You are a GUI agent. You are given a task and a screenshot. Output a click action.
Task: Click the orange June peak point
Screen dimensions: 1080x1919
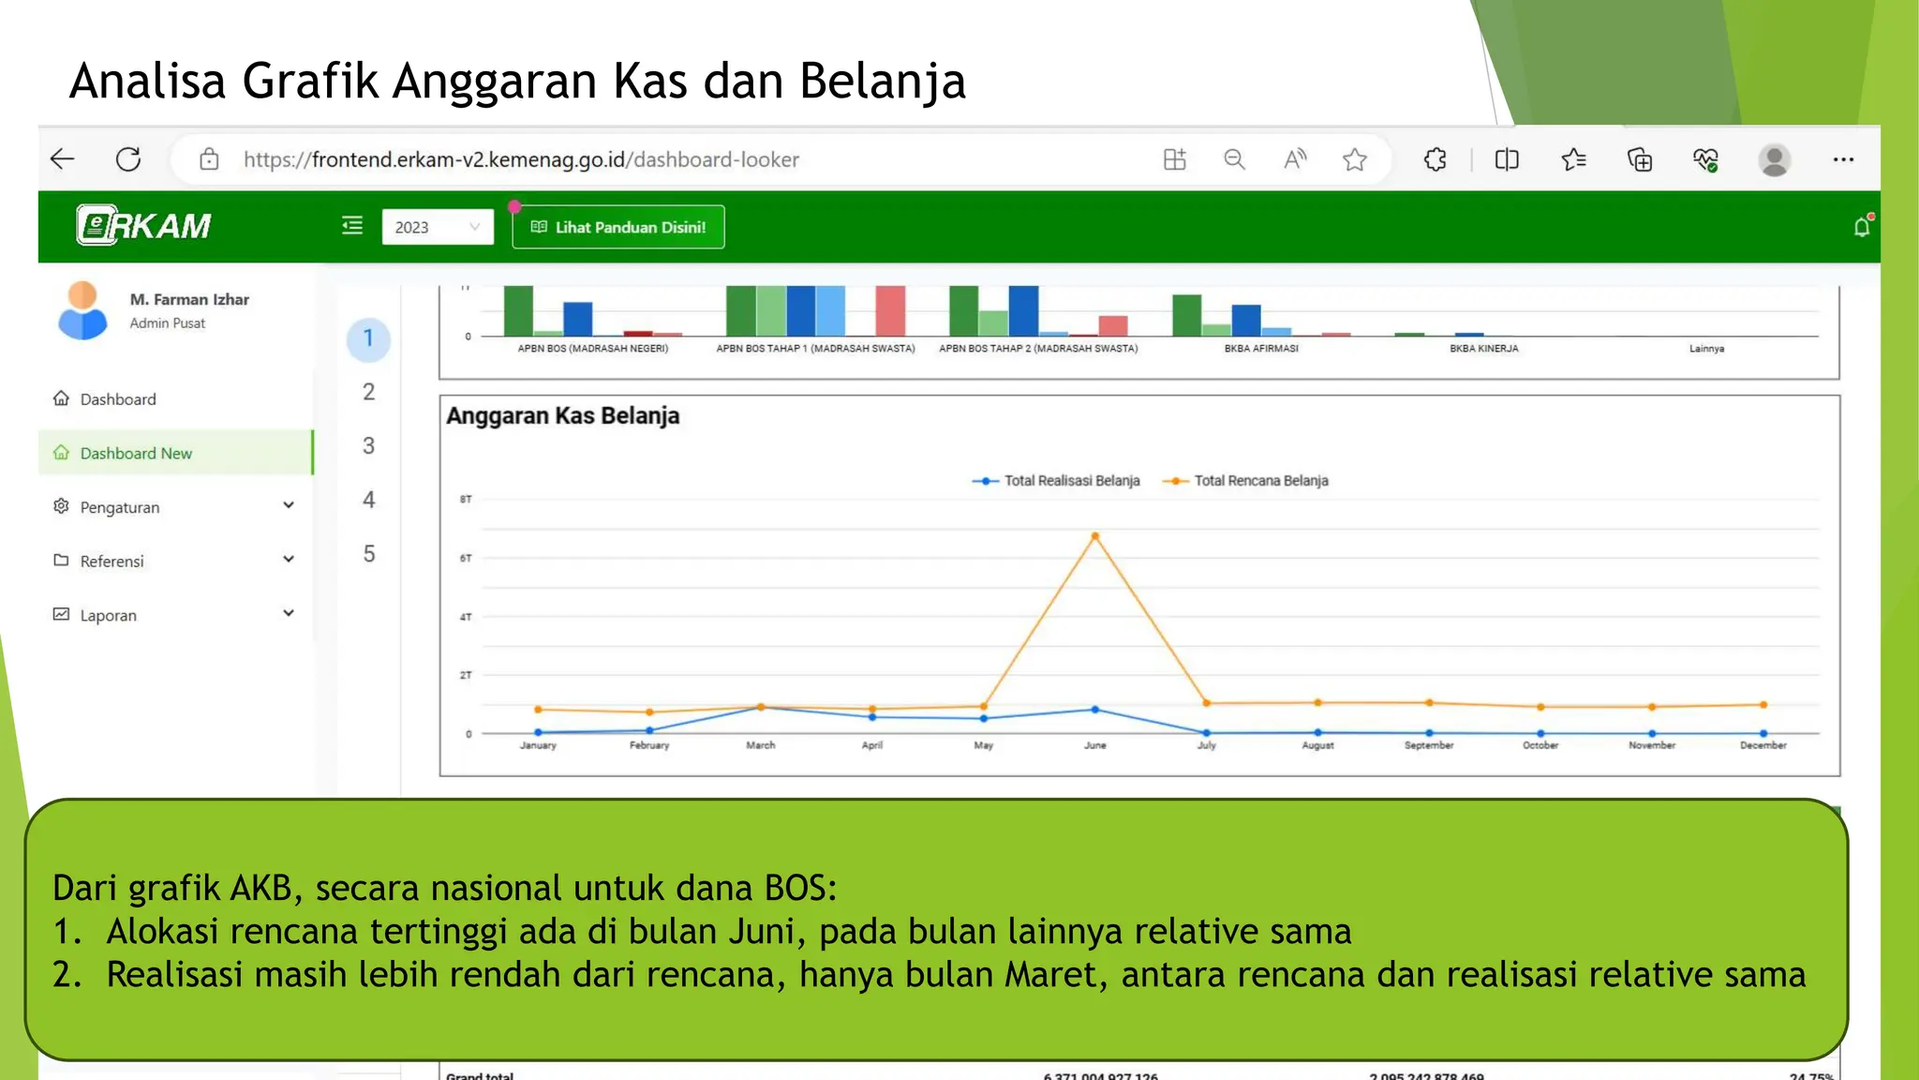(x=1094, y=536)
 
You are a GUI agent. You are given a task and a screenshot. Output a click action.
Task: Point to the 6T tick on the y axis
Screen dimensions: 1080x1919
(x=466, y=558)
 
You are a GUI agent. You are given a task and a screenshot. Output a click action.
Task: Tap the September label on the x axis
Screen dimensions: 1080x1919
(x=1428, y=745)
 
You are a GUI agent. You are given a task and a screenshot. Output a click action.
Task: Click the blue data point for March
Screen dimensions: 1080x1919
(x=761, y=708)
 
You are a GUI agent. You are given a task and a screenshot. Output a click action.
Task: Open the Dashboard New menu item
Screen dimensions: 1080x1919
(x=136, y=453)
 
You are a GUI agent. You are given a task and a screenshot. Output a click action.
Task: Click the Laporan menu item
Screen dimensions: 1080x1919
(x=108, y=615)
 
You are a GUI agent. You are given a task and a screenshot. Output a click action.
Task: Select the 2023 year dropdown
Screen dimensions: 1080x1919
(x=437, y=227)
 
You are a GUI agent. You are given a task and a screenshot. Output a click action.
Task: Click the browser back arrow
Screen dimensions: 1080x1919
(x=63, y=159)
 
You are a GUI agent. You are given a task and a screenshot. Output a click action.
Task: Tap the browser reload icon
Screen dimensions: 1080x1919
(x=128, y=159)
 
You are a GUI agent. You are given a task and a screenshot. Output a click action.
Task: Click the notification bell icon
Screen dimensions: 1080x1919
(x=1861, y=227)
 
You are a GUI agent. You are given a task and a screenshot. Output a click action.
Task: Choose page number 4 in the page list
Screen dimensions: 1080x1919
(x=368, y=500)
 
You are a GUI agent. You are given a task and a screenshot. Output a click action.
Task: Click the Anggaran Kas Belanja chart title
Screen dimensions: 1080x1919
(x=562, y=415)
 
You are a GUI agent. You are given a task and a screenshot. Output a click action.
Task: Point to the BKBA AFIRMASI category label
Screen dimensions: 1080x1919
(x=1260, y=349)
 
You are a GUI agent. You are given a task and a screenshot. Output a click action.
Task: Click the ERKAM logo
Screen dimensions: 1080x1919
(x=144, y=226)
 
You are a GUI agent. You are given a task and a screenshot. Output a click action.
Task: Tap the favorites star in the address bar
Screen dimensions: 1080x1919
(x=1354, y=160)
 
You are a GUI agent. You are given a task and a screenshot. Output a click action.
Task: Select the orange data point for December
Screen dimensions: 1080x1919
(x=1763, y=704)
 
